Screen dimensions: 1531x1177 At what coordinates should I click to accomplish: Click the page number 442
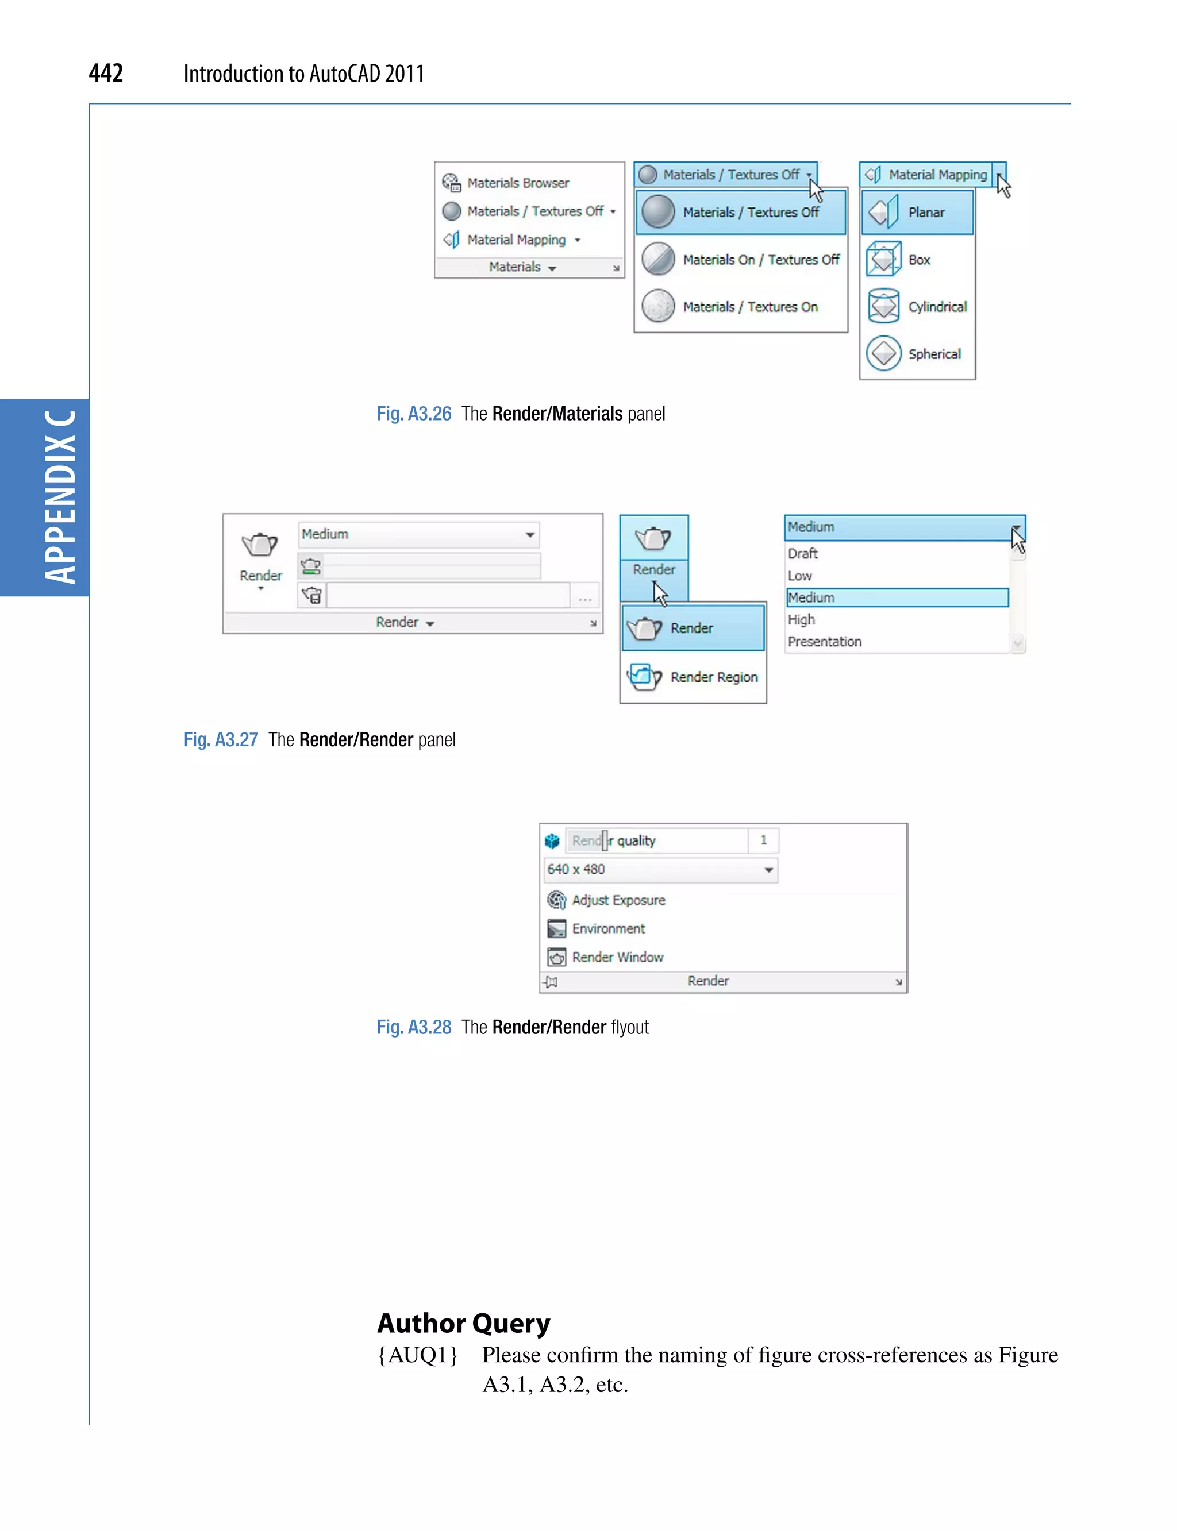pyautogui.click(x=106, y=73)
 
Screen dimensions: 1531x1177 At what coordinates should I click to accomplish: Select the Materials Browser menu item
pyautogui.click(x=517, y=183)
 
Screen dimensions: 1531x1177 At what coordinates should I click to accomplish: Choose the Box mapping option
pyautogui.click(x=918, y=260)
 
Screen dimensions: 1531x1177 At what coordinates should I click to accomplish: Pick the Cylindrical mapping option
pyautogui.click(x=937, y=307)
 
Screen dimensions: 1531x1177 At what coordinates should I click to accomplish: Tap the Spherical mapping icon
pyautogui.click(x=883, y=354)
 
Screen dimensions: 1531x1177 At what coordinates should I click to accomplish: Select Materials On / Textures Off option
pyautogui.click(x=760, y=260)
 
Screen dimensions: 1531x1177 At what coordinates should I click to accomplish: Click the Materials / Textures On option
pyautogui.click(x=749, y=307)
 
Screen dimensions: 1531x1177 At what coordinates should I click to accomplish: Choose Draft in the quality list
pyautogui.click(x=803, y=553)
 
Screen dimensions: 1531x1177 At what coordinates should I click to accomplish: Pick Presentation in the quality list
pyautogui.click(x=825, y=642)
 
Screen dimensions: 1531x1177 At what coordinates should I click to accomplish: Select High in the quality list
pyautogui.click(x=802, y=620)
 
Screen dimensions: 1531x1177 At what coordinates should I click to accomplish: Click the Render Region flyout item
pyautogui.click(x=713, y=677)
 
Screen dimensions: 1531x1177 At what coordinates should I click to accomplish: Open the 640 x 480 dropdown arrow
pyautogui.click(x=768, y=870)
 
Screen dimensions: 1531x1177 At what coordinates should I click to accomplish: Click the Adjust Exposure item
pyautogui.click(x=618, y=900)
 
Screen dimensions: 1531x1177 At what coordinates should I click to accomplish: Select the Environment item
pyautogui.click(x=608, y=929)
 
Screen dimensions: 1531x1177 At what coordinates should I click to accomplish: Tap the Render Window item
pyautogui.click(x=617, y=957)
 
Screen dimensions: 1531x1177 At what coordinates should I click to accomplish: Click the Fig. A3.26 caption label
pyautogui.click(x=414, y=414)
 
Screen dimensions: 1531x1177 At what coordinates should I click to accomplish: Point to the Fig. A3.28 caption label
pyautogui.click(x=414, y=1027)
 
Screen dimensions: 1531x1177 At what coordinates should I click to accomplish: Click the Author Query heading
pyautogui.click(x=464, y=1323)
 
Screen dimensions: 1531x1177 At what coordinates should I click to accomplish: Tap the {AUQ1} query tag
pyautogui.click(x=418, y=1355)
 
